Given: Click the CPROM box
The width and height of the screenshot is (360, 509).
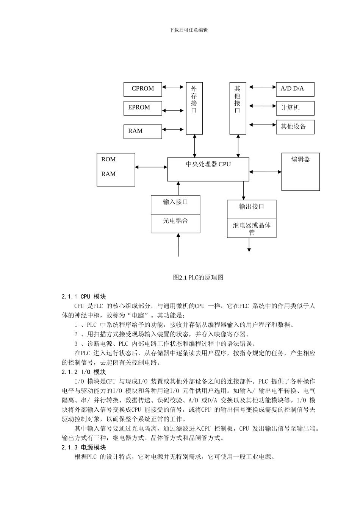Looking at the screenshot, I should coord(142,89).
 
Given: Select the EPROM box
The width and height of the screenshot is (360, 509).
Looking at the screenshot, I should coord(142,108).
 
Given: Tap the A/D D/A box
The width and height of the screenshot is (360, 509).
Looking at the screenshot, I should coord(295,89).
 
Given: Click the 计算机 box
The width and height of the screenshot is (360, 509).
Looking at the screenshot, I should coord(295,108).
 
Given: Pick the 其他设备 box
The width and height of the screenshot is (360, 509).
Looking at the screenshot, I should coord(295,126).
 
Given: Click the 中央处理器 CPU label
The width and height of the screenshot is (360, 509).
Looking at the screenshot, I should coord(208,164).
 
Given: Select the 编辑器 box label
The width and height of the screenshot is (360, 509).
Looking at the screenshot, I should coord(301,160).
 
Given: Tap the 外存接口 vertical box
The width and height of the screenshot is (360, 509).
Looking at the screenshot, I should coord(194,108).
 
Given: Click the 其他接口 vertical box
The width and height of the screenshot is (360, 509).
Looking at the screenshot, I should coord(238,108).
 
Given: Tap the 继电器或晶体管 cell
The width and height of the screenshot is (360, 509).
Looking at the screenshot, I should coord(252,228).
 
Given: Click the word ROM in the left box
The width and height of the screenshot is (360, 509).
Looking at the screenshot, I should coord(108,159).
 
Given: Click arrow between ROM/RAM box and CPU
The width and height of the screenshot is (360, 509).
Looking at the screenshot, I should coord(151,167).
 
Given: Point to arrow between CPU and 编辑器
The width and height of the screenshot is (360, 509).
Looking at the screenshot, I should coord(265,172).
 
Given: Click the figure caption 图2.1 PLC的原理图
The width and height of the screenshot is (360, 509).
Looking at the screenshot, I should coord(198,278).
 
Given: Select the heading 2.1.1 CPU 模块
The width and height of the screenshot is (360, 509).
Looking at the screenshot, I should coord(84,297).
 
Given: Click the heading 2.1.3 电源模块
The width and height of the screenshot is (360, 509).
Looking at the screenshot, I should coord(84,448).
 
